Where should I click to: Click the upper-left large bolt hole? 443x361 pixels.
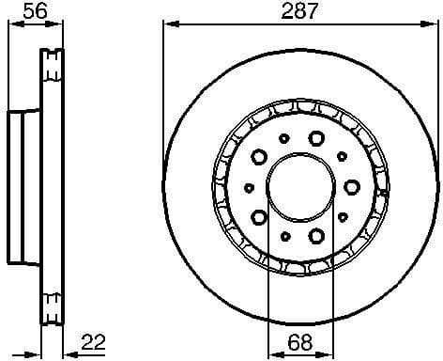click(x=258, y=156)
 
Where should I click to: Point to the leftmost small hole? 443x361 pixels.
click(x=248, y=186)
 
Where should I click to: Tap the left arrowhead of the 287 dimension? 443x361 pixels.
click(x=169, y=25)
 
